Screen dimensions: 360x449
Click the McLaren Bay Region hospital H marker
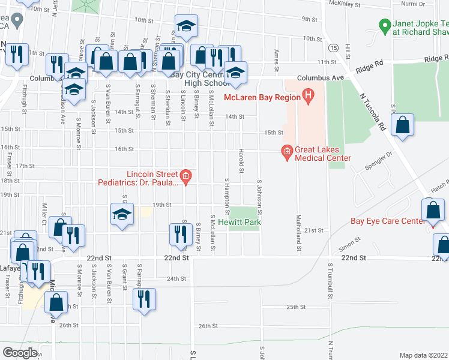point(308,95)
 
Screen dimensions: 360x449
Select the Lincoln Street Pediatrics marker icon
point(186,176)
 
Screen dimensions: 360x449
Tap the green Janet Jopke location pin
point(384,26)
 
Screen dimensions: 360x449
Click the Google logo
point(20,352)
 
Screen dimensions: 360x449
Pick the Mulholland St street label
point(298,234)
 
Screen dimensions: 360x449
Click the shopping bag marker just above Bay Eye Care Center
point(433,211)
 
